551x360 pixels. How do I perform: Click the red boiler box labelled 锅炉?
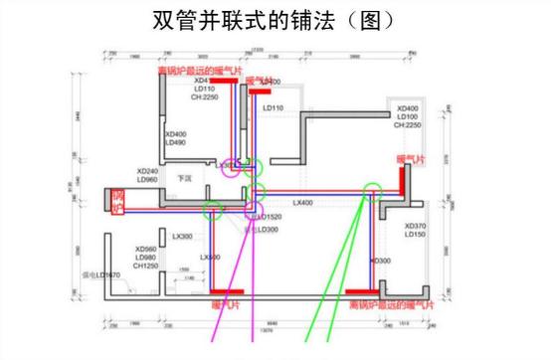[x=118, y=200]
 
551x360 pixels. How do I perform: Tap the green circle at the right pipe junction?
[x=374, y=188]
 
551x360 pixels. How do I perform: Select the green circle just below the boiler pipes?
[x=212, y=210]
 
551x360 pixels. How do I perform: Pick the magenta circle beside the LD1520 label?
[x=256, y=211]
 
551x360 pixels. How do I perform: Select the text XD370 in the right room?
[x=415, y=226]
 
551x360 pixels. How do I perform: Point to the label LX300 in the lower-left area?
[x=182, y=237]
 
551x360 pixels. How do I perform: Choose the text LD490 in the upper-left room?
[x=175, y=143]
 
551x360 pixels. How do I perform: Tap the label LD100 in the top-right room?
[x=409, y=116]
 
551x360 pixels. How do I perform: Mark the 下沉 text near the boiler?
[x=184, y=179]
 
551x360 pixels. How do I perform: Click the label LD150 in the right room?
[x=415, y=235]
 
